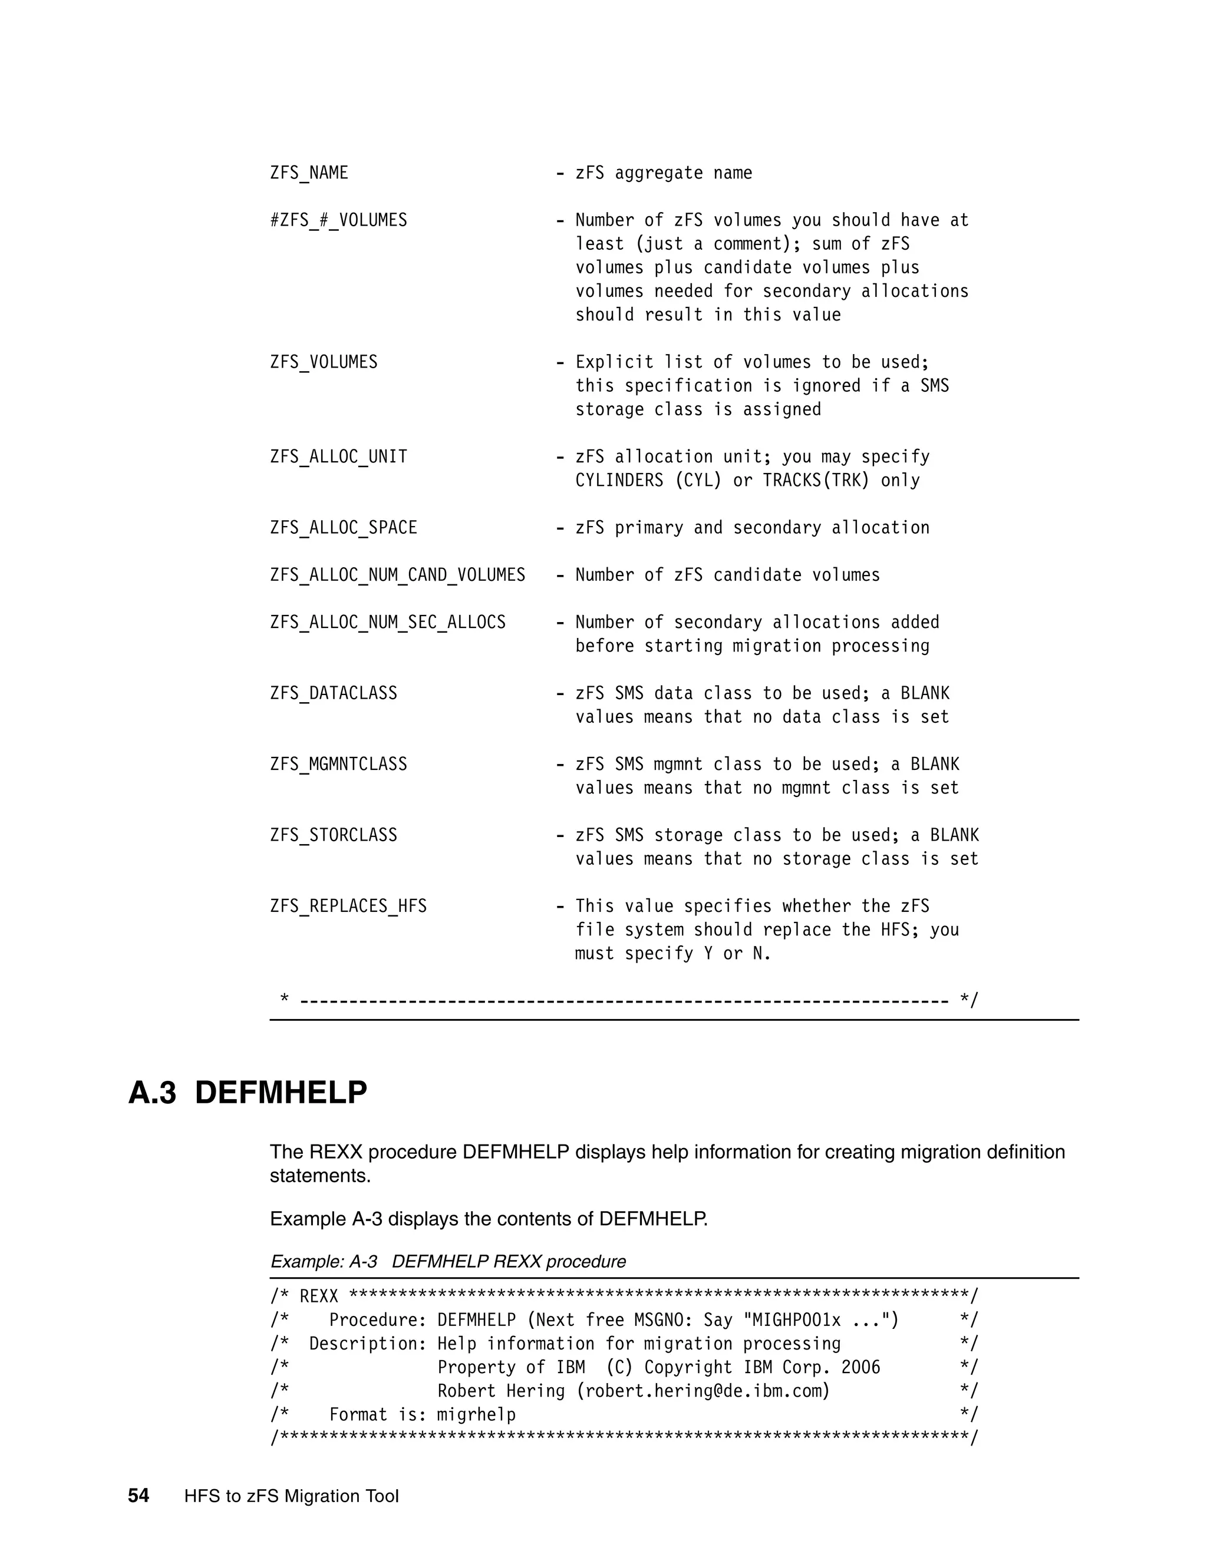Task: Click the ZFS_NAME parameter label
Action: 309,174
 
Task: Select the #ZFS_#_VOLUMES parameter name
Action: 338,221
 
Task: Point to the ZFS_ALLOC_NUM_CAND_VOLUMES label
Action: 398,576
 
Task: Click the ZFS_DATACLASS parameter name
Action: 333,693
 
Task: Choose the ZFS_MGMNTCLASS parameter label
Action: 338,765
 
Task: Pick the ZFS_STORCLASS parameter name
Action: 333,835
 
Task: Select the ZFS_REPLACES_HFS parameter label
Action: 348,907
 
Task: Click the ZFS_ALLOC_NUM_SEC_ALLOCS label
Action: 388,623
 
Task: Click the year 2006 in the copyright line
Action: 860,1368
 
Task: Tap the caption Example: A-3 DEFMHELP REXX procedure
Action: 448,1262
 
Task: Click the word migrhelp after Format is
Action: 476,1415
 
